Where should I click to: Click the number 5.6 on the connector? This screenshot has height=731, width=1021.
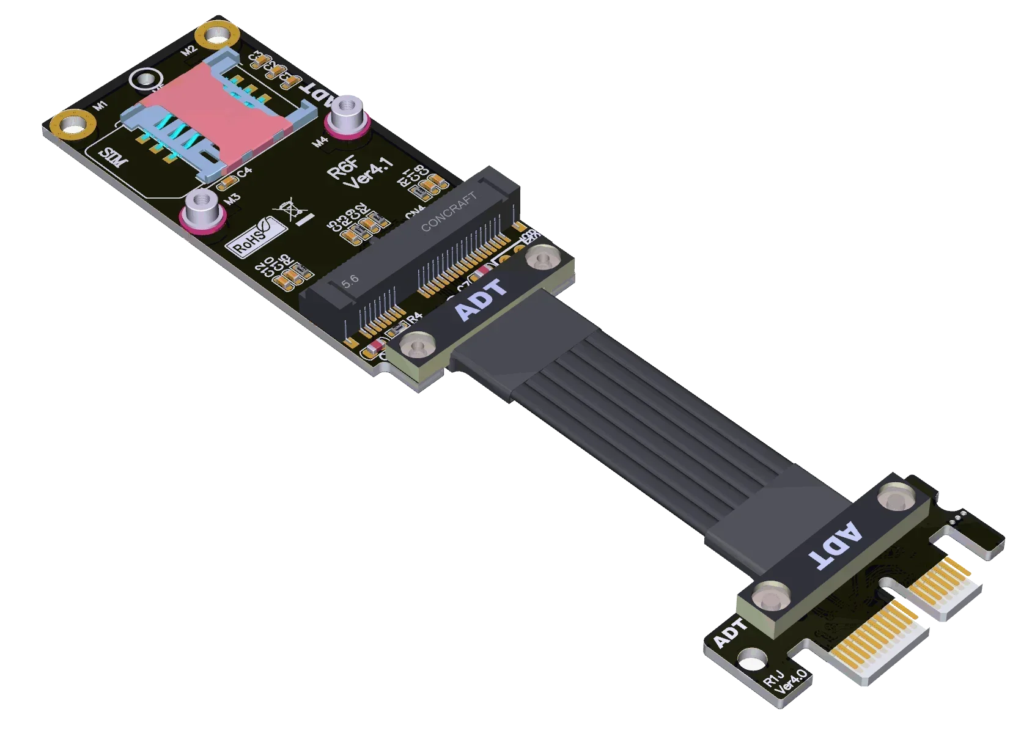click(x=350, y=281)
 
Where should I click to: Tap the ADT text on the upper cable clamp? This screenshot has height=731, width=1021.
click(x=482, y=299)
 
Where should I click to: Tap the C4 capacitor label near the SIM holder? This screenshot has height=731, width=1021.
click(x=245, y=172)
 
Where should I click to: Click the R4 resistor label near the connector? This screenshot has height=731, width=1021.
click(x=415, y=317)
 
